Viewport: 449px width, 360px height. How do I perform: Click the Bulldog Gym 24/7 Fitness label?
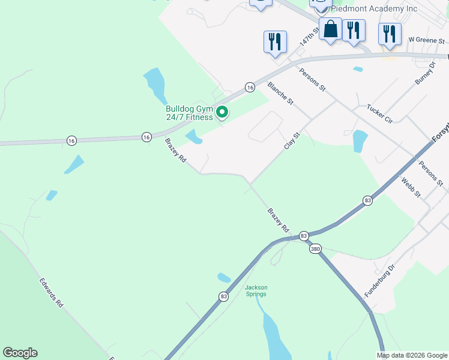[189, 113]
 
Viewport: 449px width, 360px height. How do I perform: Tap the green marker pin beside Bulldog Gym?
[221, 112]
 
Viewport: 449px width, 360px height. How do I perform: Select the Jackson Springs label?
[256, 291]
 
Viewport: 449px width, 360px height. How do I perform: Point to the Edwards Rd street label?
[52, 292]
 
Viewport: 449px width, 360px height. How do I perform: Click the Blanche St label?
[280, 93]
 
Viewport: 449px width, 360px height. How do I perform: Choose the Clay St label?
[291, 142]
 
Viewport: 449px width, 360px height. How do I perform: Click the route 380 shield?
[315, 249]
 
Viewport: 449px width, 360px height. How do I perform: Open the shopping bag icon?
[331, 29]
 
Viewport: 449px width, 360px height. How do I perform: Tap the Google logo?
[20, 353]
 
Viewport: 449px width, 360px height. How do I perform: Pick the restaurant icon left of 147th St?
[275, 42]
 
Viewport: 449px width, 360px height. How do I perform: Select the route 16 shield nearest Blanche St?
[250, 88]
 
